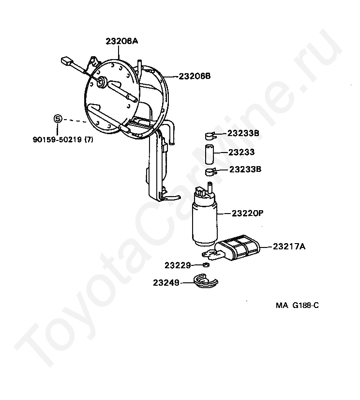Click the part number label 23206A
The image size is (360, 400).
(121, 42)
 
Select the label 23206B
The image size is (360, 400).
(195, 76)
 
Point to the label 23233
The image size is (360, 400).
(241, 152)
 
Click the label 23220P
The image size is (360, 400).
(247, 213)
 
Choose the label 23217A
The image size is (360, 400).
(289, 246)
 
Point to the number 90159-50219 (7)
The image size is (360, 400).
(62, 140)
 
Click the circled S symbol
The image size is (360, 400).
(57, 119)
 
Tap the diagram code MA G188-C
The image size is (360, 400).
(298, 305)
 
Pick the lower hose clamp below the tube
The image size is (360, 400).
(210, 171)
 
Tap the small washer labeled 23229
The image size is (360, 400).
(206, 265)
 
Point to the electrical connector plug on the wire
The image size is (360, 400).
(66, 62)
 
